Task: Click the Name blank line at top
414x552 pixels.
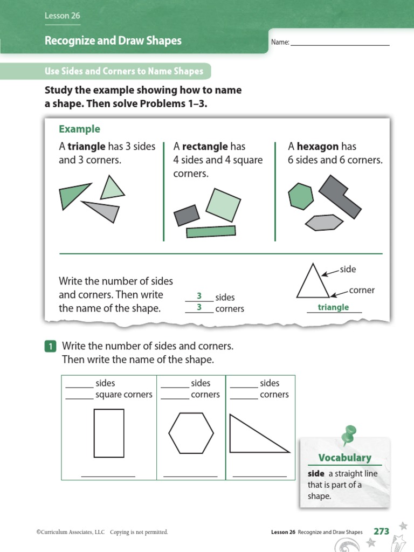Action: pyautogui.click(x=340, y=44)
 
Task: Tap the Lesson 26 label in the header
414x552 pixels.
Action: pyautogui.click(x=63, y=16)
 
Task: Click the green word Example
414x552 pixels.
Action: pyautogui.click(x=79, y=129)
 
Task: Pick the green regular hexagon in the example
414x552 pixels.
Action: pyautogui.click(x=301, y=196)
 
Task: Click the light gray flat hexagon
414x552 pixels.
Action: pyautogui.click(x=324, y=222)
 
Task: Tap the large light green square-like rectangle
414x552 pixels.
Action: pyautogui.click(x=221, y=204)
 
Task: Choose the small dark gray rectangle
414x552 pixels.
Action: pyautogui.click(x=187, y=215)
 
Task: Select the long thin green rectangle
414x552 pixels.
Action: pyautogui.click(x=211, y=231)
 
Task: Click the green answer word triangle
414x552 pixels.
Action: pyautogui.click(x=333, y=307)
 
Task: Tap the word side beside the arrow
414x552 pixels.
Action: pyautogui.click(x=348, y=269)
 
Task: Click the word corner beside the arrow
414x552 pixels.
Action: pyautogui.click(x=361, y=290)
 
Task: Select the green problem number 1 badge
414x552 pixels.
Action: pyautogui.click(x=50, y=347)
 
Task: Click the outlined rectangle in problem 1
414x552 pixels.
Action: pyautogui.click(x=109, y=433)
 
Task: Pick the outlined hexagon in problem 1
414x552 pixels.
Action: pyautogui.click(x=191, y=433)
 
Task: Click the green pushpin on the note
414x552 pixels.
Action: pyautogui.click(x=349, y=434)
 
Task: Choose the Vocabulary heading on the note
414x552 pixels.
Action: pyautogui.click(x=344, y=458)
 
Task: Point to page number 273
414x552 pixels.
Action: pyautogui.click(x=381, y=531)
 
